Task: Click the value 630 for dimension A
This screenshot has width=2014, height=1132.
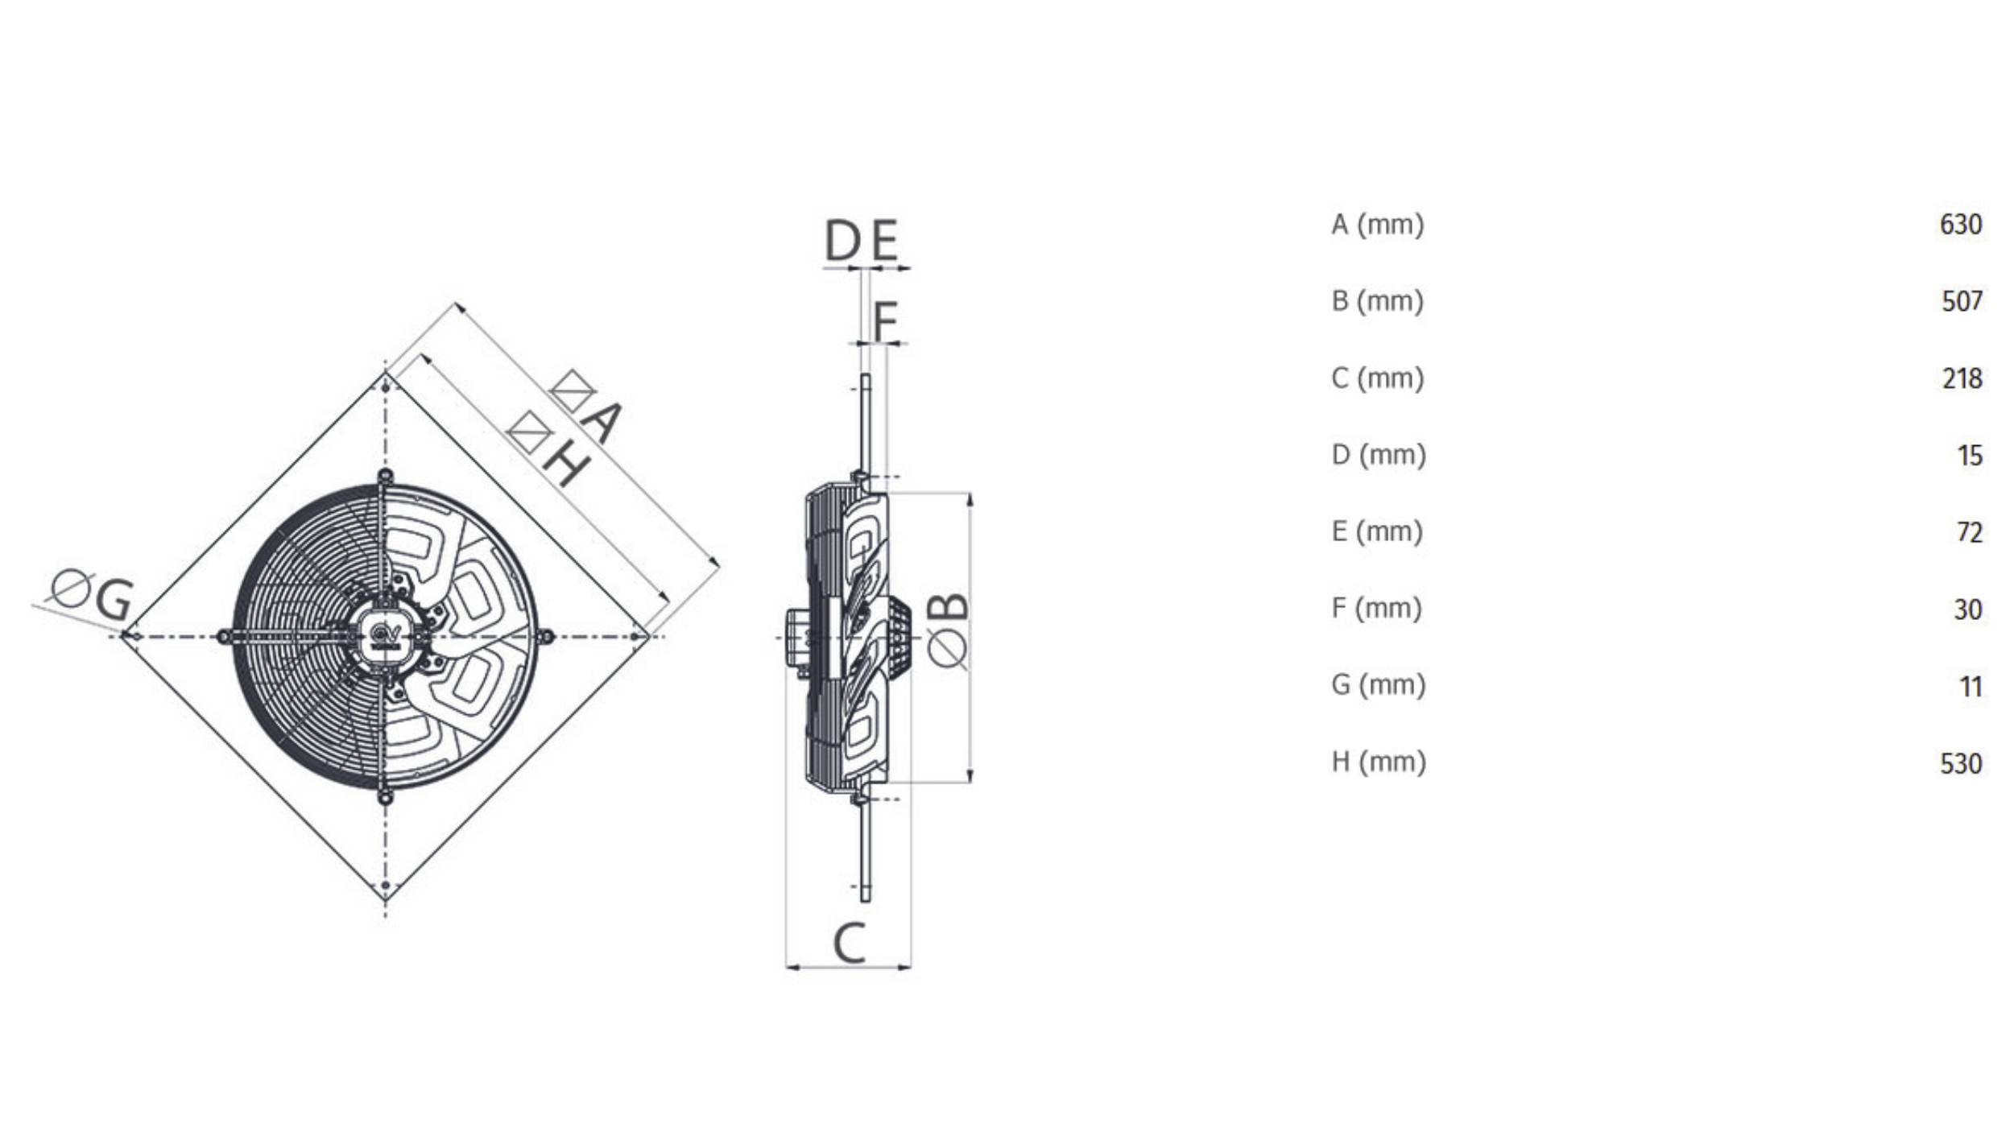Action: point(1960,225)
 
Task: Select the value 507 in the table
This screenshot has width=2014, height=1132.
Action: point(1961,302)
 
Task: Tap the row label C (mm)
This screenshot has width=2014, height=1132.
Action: point(1377,378)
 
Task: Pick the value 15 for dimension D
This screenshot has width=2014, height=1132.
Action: point(1969,456)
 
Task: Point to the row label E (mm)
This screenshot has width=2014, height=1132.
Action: point(1376,531)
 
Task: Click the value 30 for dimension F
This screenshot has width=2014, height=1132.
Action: point(1967,609)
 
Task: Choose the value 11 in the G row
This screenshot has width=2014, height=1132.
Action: point(1970,687)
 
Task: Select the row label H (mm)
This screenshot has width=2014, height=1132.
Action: point(1378,762)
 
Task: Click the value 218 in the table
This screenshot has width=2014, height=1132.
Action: point(1961,378)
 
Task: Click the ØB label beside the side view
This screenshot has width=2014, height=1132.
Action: point(948,630)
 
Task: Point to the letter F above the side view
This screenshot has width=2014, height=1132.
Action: point(885,321)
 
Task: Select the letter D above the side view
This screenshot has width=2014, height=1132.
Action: point(842,241)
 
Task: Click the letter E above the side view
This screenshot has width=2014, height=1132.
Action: point(884,241)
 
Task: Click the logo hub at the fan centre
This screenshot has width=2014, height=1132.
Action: point(385,636)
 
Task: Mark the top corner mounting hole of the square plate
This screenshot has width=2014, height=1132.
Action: point(385,387)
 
